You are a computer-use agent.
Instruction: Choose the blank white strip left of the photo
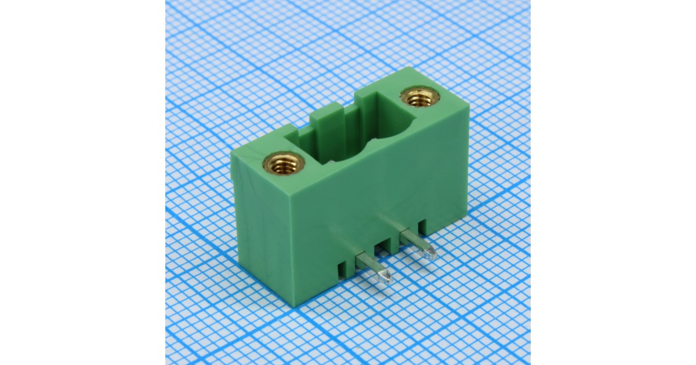[x=81, y=183]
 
